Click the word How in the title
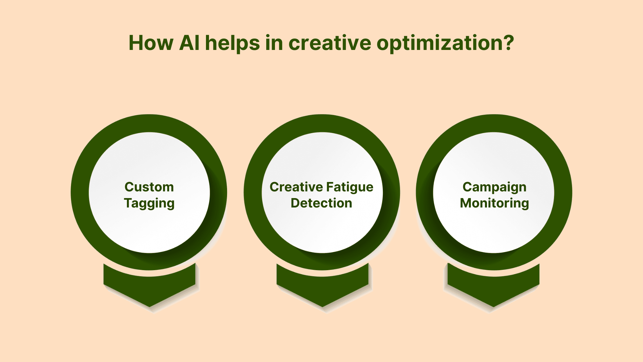(x=151, y=43)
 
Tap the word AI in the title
(x=190, y=43)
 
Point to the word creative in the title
(x=330, y=43)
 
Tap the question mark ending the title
(x=507, y=43)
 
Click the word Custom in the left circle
(x=149, y=187)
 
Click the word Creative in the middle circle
(x=296, y=187)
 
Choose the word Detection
(x=321, y=203)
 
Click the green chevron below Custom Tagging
(x=149, y=290)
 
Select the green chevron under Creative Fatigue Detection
(x=323, y=290)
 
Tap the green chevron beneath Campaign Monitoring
(x=494, y=290)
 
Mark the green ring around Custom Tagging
(x=80, y=192)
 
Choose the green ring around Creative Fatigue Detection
(x=253, y=192)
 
